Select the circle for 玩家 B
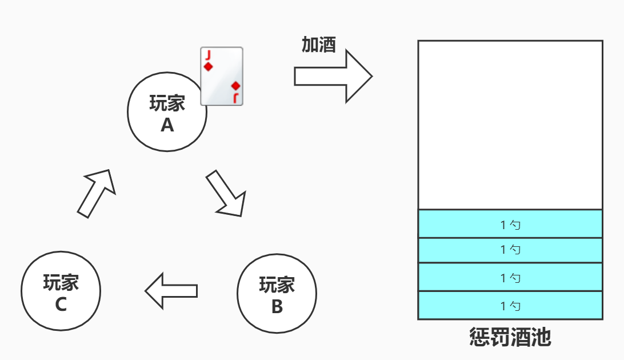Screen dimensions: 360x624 pyautogui.click(x=277, y=293)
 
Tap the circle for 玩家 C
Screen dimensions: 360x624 pyautogui.click(x=61, y=290)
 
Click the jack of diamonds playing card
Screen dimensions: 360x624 pyautogui.click(x=222, y=76)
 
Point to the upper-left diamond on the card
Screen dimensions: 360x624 pyautogui.click(x=209, y=67)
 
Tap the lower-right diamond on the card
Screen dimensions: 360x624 pyautogui.click(x=235, y=86)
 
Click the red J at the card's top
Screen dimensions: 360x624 pyautogui.click(x=209, y=55)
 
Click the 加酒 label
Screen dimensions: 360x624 pyautogui.click(x=318, y=45)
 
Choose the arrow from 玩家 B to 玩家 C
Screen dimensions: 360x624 pyautogui.click(x=171, y=291)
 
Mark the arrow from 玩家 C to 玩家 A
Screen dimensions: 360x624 pyautogui.click(x=97, y=193)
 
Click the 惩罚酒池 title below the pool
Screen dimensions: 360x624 pyautogui.click(x=510, y=337)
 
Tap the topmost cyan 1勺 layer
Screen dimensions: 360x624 pyautogui.click(x=510, y=224)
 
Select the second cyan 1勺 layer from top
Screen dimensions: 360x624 pyautogui.click(x=510, y=250)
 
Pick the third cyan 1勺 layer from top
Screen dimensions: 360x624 pyautogui.click(x=510, y=277)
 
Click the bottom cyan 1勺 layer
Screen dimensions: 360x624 pyautogui.click(x=510, y=305)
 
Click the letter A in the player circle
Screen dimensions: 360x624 pyautogui.click(x=167, y=125)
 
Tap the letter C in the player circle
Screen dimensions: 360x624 pyautogui.click(x=61, y=305)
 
